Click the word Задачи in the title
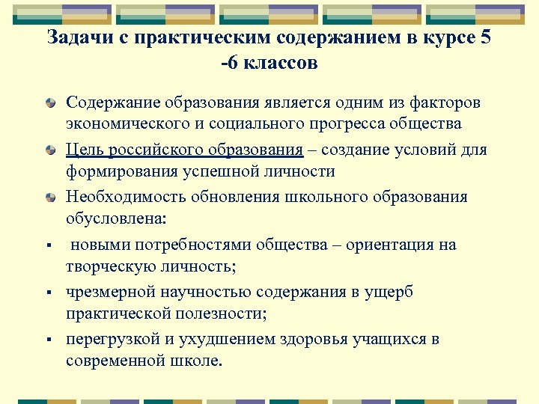76,37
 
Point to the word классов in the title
278,63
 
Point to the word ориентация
394,245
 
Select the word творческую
109,266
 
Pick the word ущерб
390,292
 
